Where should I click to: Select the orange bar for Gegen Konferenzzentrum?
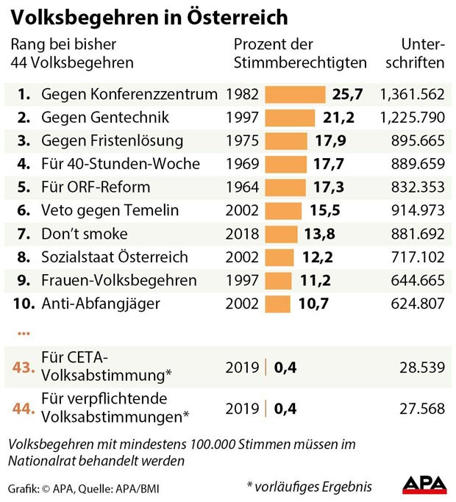(294, 94)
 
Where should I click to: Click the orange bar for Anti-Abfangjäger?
(277, 304)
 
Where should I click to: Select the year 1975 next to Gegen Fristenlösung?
(243, 141)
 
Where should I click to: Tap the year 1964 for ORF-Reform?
(243, 187)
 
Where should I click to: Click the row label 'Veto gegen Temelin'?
(110, 211)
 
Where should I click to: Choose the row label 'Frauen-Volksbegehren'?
(119, 281)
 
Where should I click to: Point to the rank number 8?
(24, 257)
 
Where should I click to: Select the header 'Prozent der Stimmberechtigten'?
(299, 54)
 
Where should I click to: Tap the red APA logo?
(424, 486)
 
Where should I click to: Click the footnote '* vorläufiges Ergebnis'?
(310, 487)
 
